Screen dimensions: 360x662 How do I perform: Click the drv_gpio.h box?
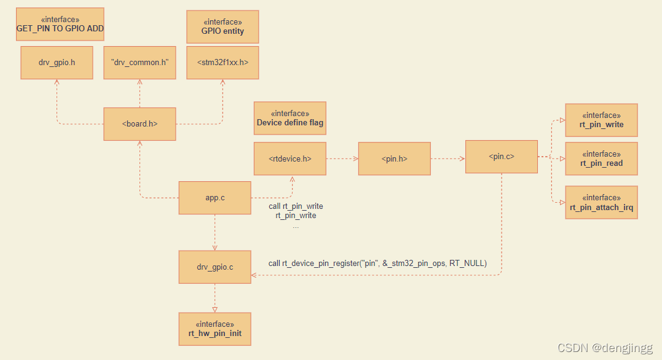(x=57, y=63)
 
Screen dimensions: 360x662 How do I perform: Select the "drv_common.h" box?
(x=140, y=63)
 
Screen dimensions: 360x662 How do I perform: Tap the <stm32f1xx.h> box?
(x=223, y=63)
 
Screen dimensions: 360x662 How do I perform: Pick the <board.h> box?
(x=140, y=124)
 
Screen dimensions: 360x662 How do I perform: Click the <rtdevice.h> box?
(x=290, y=158)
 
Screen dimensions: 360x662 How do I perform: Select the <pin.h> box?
(x=394, y=158)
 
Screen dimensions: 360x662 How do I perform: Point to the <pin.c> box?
(x=501, y=157)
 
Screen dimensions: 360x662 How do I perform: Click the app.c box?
(x=215, y=198)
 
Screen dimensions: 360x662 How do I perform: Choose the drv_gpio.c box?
(x=215, y=267)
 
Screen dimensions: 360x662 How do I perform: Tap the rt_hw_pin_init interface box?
(x=215, y=329)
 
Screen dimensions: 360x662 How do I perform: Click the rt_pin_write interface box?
(x=601, y=120)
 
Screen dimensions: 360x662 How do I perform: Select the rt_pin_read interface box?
(x=601, y=158)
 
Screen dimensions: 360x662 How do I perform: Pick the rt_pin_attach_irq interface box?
(x=601, y=202)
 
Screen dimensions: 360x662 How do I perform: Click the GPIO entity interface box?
(x=223, y=26)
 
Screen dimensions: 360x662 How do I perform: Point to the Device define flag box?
(x=290, y=118)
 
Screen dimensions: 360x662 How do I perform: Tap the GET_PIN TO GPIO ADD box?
(x=60, y=24)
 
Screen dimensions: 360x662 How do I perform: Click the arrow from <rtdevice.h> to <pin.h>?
(x=342, y=158)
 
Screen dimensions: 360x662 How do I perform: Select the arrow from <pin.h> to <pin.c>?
(x=447, y=158)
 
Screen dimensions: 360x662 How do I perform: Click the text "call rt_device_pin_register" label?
(x=377, y=264)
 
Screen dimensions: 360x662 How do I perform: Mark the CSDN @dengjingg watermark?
(x=605, y=348)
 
